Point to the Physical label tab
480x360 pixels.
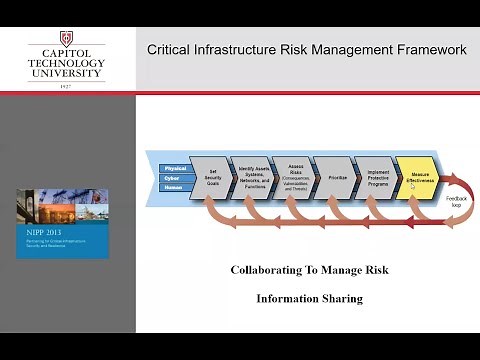click(x=175, y=168)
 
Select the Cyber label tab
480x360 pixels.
click(x=175, y=178)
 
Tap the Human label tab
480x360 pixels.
click(x=175, y=188)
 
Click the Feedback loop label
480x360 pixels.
click(x=455, y=201)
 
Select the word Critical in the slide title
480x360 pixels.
click(x=170, y=50)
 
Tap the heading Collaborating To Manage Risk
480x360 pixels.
click(x=309, y=270)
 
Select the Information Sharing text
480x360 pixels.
click(x=309, y=298)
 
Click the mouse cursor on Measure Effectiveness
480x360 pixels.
click(x=413, y=185)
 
